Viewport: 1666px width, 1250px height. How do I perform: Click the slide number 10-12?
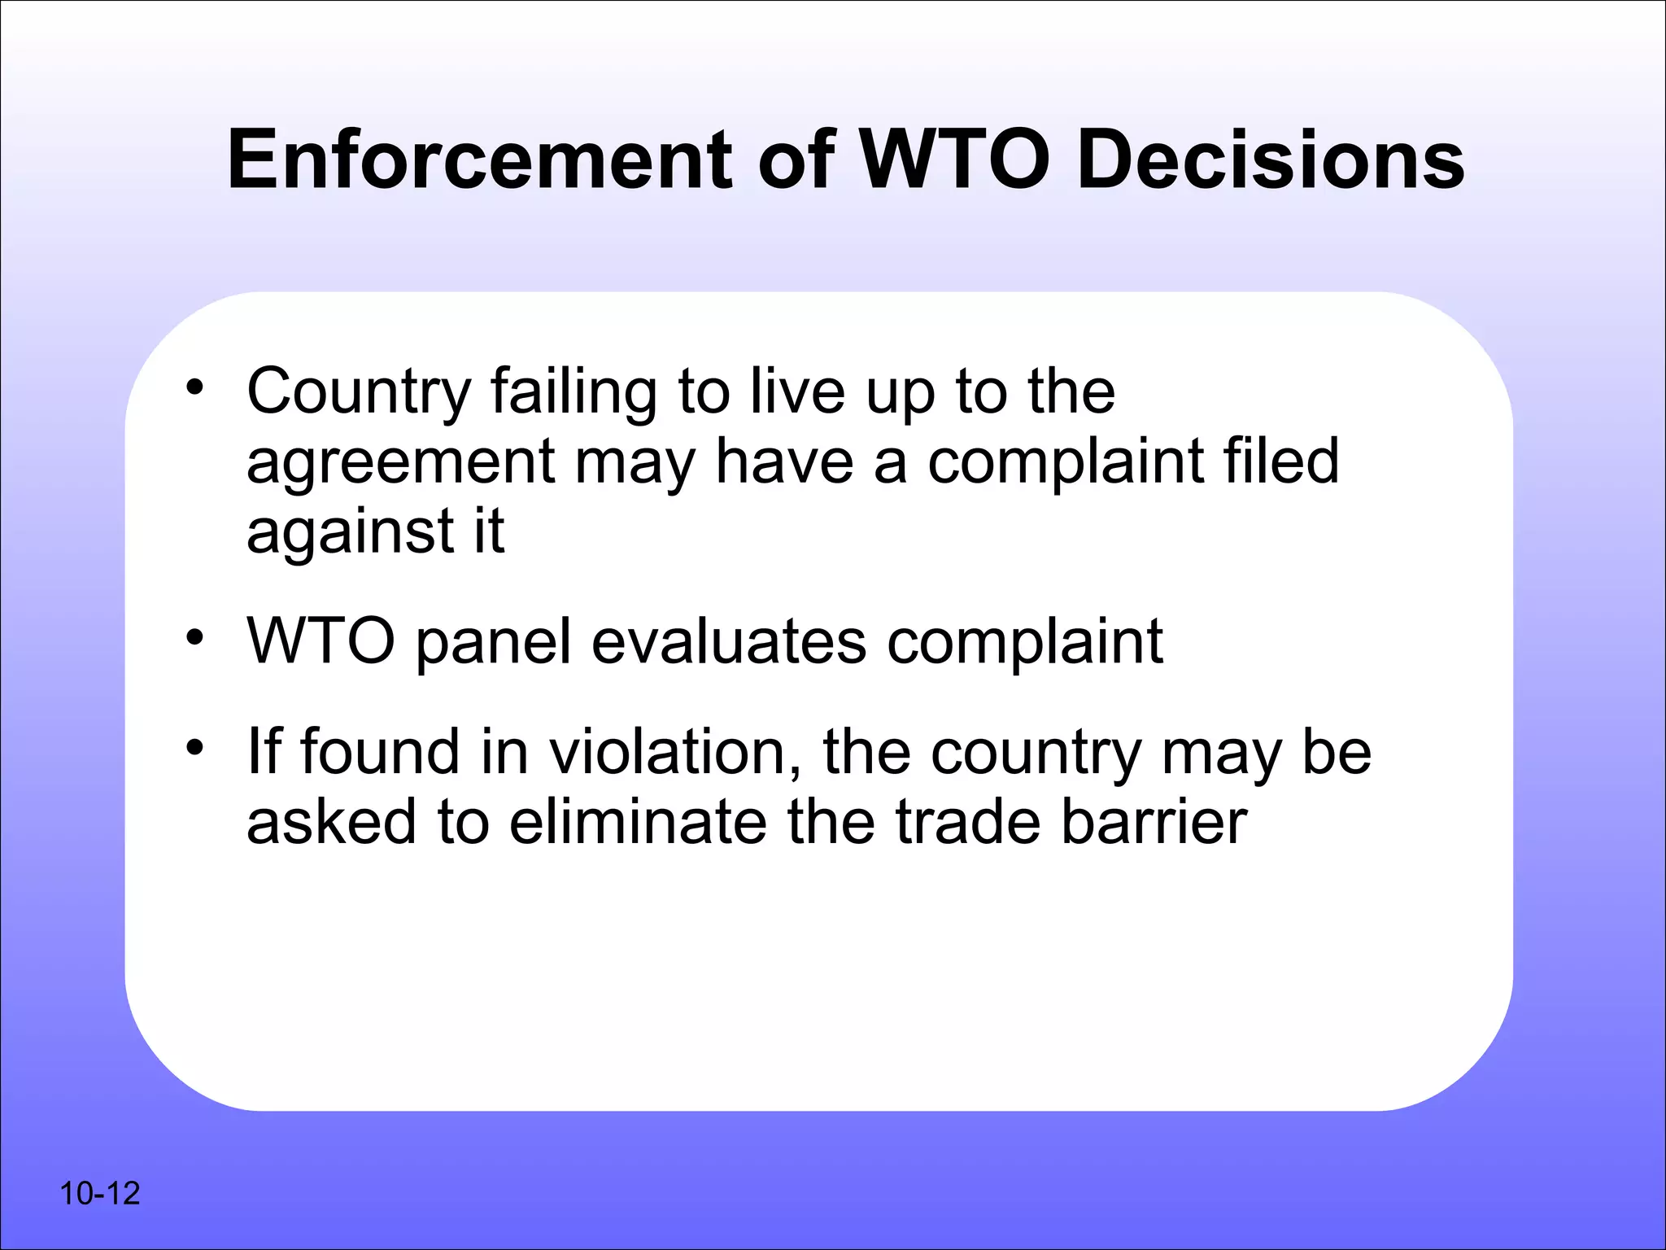click(99, 1194)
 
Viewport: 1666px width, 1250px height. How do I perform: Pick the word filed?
click(1280, 461)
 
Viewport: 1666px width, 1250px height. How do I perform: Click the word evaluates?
click(729, 641)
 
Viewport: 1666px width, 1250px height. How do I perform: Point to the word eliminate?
click(638, 822)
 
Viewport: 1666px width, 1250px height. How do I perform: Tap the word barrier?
click(1154, 822)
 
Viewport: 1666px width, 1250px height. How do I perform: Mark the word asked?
click(331, 822)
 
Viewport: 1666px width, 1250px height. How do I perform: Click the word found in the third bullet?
click(380, 752)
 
